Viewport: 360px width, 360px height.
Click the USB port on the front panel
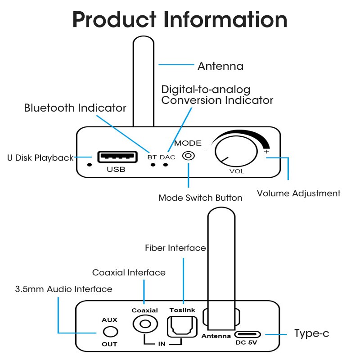(x=117, y=157)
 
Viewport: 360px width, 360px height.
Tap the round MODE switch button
(x=188, y=156)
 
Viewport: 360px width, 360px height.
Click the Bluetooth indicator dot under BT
(x=153, y=165)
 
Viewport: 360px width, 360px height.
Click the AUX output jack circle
(x=109, y=332)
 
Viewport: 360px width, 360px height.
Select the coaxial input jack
(x=144, y=324)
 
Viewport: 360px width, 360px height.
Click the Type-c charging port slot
(x=247, y=334)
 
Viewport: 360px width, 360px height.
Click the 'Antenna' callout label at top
(x=220, y=66)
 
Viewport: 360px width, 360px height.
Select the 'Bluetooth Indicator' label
(x=75, y=108)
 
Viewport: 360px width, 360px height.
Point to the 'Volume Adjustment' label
(x=298, y=193)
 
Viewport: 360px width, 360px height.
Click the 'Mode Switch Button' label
(x=200, y=198)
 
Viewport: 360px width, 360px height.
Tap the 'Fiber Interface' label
(x=175, y=248)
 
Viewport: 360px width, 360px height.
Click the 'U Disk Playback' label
(x=40, y=158)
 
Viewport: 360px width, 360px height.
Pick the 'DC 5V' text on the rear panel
(x=247, y=343)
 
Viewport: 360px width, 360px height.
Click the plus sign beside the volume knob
(x=266, y=152)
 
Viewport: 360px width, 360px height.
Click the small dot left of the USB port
(x=89, y=165)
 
